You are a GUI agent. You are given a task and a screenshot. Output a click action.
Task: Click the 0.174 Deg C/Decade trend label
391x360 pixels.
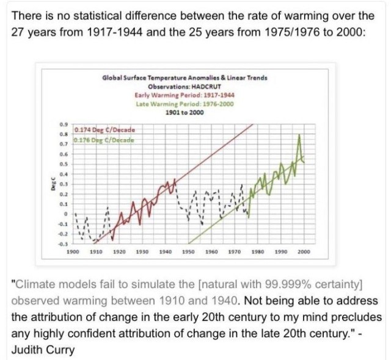[104, 130]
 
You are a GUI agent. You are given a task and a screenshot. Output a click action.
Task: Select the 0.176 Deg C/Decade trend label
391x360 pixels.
[104, 140]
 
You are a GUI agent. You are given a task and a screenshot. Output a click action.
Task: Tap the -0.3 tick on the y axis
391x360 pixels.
[63, 244]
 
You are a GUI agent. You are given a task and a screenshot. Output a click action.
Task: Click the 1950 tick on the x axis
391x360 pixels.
[188, 251]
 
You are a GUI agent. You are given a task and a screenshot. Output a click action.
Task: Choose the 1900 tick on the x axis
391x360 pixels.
[72, 251]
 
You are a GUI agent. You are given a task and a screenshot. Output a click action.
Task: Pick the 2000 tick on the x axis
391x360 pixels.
[304, 251]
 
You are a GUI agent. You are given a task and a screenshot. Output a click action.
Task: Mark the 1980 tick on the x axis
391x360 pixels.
[257, 251]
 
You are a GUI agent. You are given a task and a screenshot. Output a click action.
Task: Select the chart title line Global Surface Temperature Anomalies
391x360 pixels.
[185, 78]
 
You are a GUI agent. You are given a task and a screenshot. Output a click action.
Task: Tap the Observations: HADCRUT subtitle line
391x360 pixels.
[185, 87]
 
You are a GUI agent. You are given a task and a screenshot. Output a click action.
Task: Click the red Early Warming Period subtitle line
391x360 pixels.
[185, 95]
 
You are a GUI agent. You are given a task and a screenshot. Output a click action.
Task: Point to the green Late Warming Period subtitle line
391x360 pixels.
[185, 104]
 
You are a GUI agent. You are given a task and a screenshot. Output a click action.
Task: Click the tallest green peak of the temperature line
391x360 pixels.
[299, 136]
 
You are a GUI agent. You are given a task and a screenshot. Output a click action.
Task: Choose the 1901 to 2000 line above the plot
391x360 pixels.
[185, 112]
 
